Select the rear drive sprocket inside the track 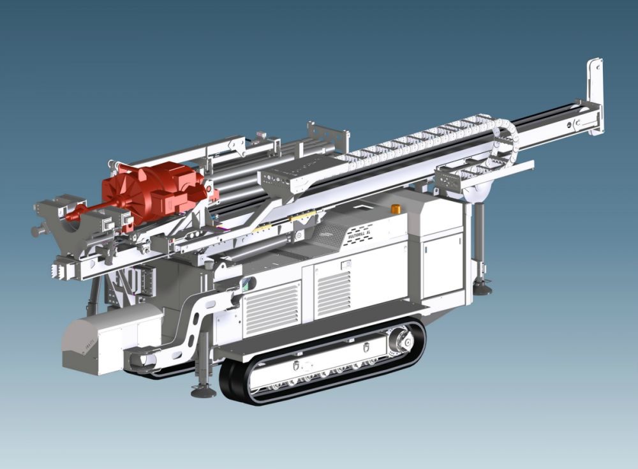click(401, 342)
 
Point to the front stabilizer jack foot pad click(204, 391)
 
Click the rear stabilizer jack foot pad click(482, 288)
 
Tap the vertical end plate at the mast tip click(595, 96)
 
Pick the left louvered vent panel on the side click(272, 309)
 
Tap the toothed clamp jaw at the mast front click(64, 269)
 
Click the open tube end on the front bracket click(140, 361)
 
